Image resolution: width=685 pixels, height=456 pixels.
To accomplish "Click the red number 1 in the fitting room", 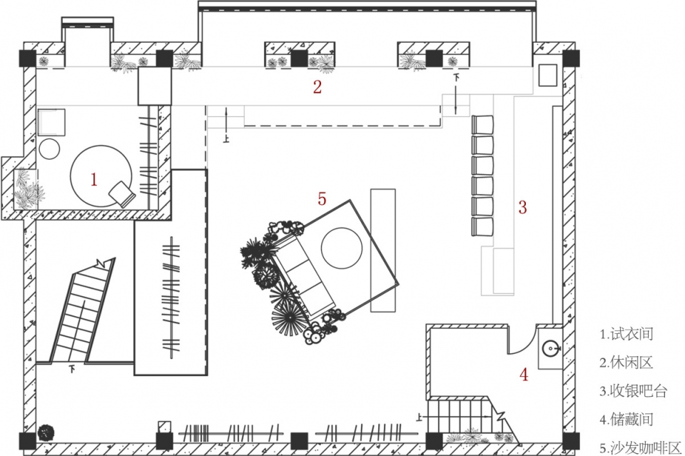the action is (x=93, y=179).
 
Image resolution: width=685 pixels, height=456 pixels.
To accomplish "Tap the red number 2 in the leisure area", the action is (x=317, y=86).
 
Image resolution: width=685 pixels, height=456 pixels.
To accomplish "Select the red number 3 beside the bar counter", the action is (x=522, y=207).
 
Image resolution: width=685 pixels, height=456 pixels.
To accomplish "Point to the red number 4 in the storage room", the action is (x=524, y=374).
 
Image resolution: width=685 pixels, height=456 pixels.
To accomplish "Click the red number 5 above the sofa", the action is (x=322, y=198).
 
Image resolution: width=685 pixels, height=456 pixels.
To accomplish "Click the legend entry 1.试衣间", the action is (x=626, y=334).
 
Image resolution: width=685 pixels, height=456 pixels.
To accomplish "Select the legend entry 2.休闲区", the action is (x=626, y=363).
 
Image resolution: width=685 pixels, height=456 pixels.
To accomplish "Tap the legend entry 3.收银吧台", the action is (x=634, y=391).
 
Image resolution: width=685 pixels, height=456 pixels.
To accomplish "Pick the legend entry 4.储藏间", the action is (x=626, y=420).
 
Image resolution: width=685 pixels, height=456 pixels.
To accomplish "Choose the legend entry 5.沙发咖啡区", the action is (x=641, y=447).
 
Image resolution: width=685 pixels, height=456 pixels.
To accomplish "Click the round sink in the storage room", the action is (x=551, y=348).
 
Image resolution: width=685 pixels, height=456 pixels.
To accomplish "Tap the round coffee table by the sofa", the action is (x=342, y=248).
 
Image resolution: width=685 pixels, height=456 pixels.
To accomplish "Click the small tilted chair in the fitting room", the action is (x=122, y=193).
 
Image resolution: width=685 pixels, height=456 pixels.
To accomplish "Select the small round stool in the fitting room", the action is (x=49, y=149).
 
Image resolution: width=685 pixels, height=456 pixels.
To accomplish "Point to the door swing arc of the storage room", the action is (x=527, y=345).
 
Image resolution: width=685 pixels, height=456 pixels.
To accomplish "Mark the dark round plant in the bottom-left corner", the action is (x=46, y=433).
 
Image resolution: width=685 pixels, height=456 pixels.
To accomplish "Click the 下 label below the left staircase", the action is (x=72, y=370).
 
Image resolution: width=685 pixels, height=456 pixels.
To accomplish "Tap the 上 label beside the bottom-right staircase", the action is (x=420, y=417).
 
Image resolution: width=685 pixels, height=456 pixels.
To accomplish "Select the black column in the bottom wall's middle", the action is (x=299, y=441).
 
